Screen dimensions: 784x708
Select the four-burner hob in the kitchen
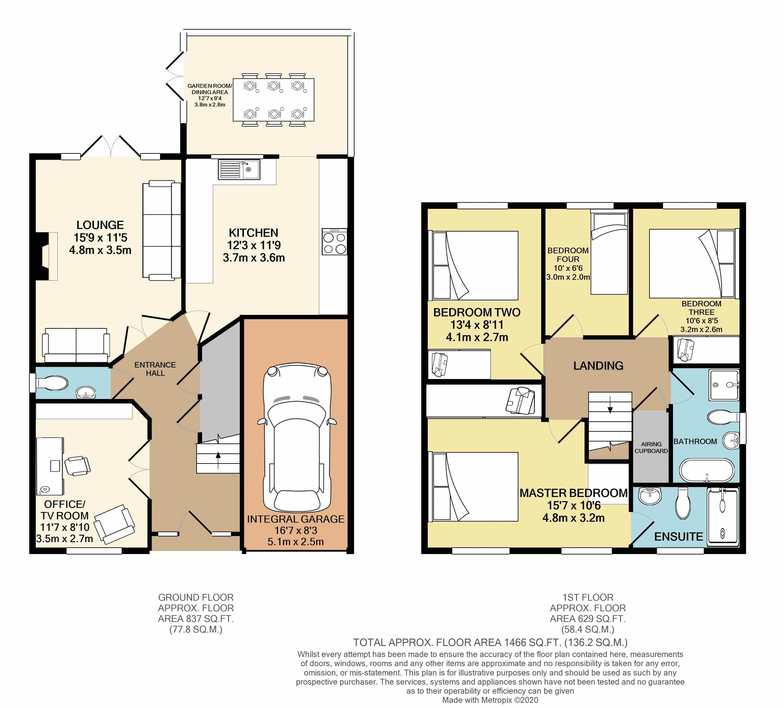(x=335, y=242)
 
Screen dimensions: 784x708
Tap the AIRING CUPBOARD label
(x=651, y=447)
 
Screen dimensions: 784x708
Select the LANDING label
(x=598, y=366)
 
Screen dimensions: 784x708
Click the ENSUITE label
(x=679, y=537)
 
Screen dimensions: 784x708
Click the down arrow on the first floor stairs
(x=610, y=405)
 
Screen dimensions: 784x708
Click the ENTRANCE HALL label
(x=155, y=369)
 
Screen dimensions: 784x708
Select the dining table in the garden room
(x=273, y=100)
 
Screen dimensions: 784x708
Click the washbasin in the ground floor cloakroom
(x=86, y=393)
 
